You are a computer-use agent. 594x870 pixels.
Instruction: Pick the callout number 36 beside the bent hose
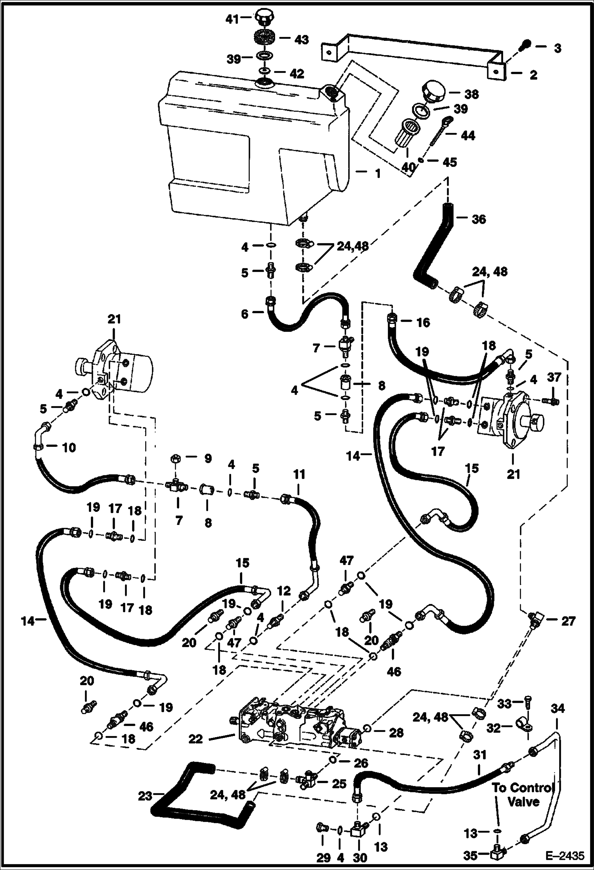click(479, 219)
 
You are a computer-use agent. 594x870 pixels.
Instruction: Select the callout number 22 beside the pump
click(196, 739)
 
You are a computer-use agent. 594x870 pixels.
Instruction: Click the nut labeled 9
click(175, 459)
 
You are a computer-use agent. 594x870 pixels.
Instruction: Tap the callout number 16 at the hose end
click(423, 322)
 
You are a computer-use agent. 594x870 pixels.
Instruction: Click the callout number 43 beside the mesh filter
click(301, 40)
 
